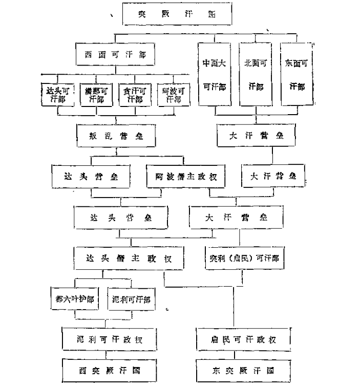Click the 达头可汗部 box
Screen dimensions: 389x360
[55, 95]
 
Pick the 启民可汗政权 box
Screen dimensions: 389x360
[243, 338]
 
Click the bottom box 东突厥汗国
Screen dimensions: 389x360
[243, 370]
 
